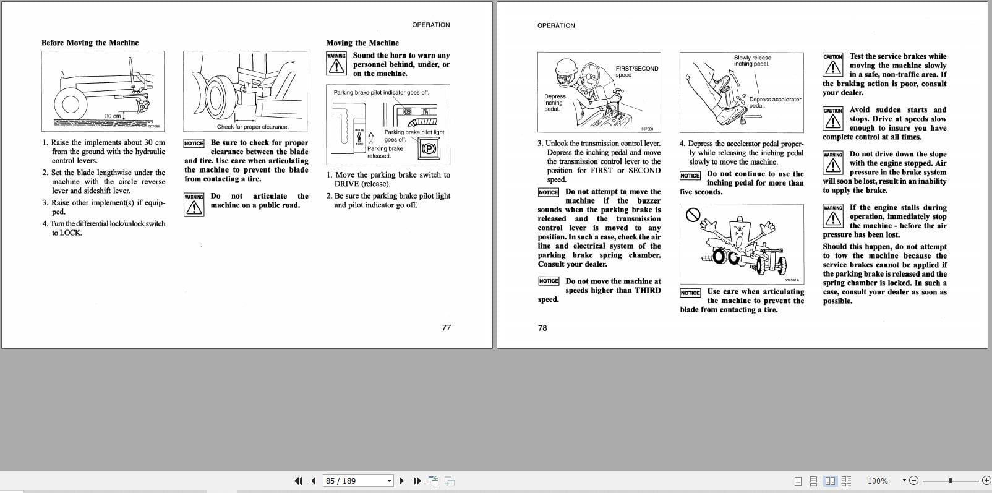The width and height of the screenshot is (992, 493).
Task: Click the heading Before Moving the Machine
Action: point(90,43)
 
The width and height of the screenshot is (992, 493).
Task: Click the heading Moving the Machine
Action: point(362,43)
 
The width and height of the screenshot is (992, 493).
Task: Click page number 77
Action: point(446,327)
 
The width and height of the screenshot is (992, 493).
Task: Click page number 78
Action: point(542,328)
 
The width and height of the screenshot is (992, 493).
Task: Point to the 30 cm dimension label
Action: point(113,116)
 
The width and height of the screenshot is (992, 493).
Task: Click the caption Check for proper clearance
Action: point(252,127)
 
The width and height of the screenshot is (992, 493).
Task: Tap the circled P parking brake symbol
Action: point(429,148)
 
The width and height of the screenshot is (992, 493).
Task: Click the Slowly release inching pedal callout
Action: point(752,61)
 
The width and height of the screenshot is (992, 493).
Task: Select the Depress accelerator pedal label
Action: point(774,102)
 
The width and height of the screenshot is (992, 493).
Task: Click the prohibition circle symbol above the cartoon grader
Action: point(693,215)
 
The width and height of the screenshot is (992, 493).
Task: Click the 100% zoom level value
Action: point(877,481)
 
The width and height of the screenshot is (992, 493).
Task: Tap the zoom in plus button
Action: point(986,481)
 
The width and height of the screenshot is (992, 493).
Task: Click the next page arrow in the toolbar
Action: point(401,481)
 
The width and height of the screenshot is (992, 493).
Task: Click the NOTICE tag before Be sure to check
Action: point(194,143)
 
